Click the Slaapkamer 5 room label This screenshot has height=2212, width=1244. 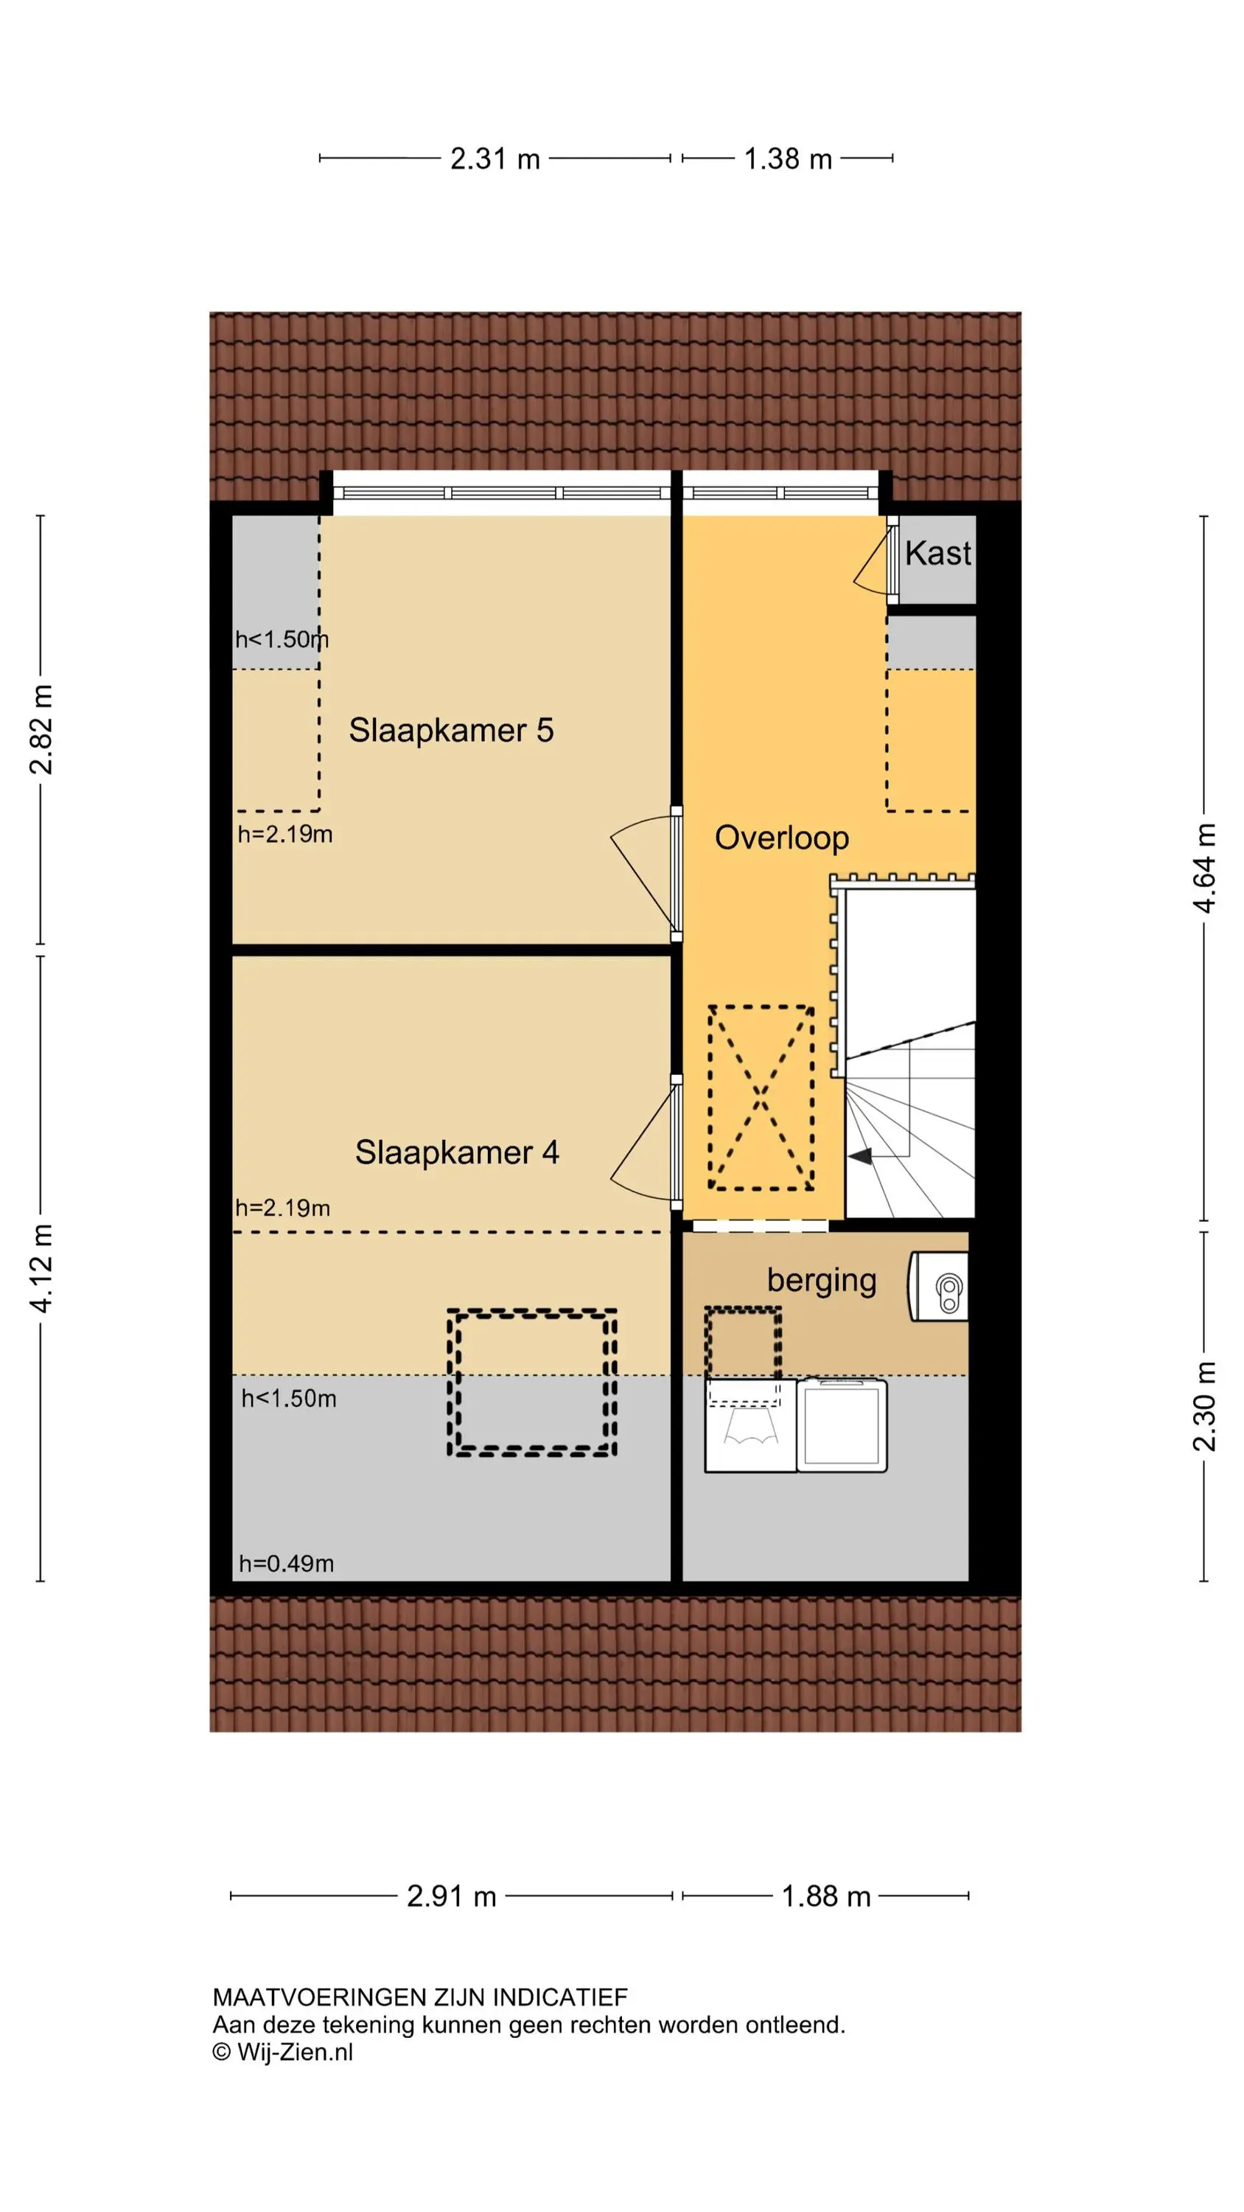pos(451,730)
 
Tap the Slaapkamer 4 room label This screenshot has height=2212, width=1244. pos(457,1152)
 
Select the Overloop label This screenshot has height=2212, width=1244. pos(782,838)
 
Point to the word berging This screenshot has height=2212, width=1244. pos(822,1280)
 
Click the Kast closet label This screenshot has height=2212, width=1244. pos(937,553)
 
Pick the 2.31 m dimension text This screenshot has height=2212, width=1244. pos(495,159)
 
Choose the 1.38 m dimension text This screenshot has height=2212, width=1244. pos(788,159)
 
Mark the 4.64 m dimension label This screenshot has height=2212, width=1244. pos(1206,868)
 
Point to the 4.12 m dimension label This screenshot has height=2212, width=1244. pos(41,1268)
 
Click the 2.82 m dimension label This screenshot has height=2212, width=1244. pos(41,730)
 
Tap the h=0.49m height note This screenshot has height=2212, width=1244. pos(287,1564)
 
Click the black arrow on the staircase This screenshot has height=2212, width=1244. pos(861,1157)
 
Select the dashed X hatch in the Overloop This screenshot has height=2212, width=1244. pos(761,1097)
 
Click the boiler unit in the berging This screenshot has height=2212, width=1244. pos(938,1285)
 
